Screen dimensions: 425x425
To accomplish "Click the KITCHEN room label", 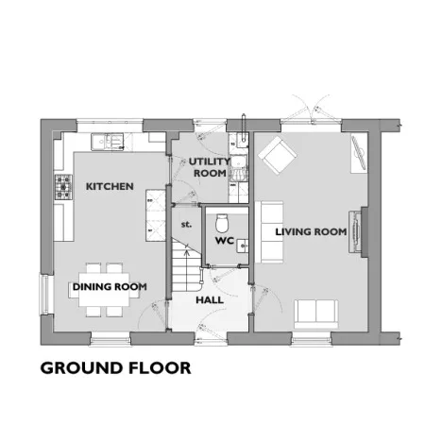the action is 110,186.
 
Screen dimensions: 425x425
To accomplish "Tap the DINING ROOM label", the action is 110,287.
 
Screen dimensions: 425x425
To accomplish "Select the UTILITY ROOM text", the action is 210,167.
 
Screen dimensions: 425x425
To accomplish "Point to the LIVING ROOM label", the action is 311,232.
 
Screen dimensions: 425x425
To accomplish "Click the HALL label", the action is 210,300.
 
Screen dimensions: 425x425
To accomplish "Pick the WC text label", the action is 225,241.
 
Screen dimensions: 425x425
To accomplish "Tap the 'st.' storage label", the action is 186,225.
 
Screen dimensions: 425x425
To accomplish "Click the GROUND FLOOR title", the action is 115,368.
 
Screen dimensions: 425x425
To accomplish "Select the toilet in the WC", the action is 222,223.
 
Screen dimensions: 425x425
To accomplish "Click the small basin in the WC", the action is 243,246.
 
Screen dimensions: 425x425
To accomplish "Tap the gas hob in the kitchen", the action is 63,187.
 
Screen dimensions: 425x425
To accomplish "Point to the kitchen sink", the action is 108,142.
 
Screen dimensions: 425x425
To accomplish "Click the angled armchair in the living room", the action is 277,155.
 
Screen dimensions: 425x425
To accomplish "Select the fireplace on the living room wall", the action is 355,232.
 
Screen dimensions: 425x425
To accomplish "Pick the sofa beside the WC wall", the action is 268,232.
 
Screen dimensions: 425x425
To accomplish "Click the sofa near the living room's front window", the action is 316,314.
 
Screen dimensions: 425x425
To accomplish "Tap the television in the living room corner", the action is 360,153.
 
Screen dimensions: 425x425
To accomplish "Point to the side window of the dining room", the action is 43,295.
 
